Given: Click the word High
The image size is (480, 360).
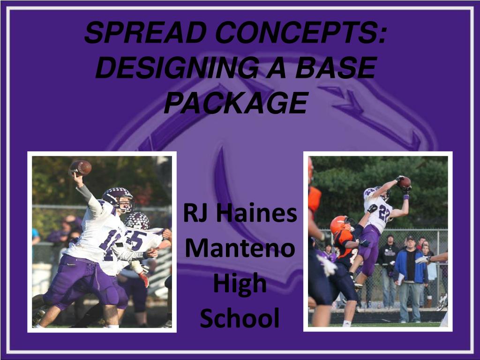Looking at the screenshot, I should tap(240, 284).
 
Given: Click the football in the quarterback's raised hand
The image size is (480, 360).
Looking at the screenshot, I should tap(81, 167).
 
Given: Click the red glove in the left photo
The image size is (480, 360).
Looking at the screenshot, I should tap(144, 279).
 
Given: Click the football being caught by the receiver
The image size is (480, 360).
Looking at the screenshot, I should tap(405, 182).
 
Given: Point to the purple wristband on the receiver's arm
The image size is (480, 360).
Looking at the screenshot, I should tap(406, 196).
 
